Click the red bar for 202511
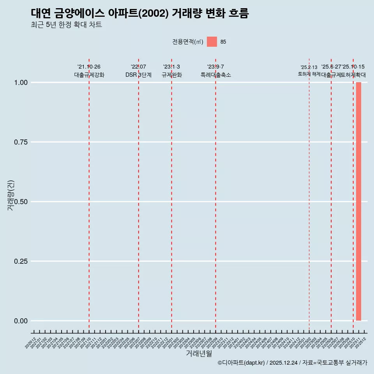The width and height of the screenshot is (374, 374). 358,201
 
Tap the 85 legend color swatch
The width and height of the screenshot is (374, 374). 212,42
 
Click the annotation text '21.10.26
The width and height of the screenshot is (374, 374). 89,67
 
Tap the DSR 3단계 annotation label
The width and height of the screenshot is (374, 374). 138,75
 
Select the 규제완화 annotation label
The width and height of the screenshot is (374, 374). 171,75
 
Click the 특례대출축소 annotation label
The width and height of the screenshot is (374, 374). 215,75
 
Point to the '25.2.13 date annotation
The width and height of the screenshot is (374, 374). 309,67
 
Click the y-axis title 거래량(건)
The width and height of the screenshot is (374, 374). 11,196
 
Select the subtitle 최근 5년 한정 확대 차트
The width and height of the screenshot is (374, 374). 66,25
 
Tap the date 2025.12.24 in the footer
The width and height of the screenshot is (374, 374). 283,363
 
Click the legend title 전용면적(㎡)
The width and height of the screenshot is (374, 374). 188,42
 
